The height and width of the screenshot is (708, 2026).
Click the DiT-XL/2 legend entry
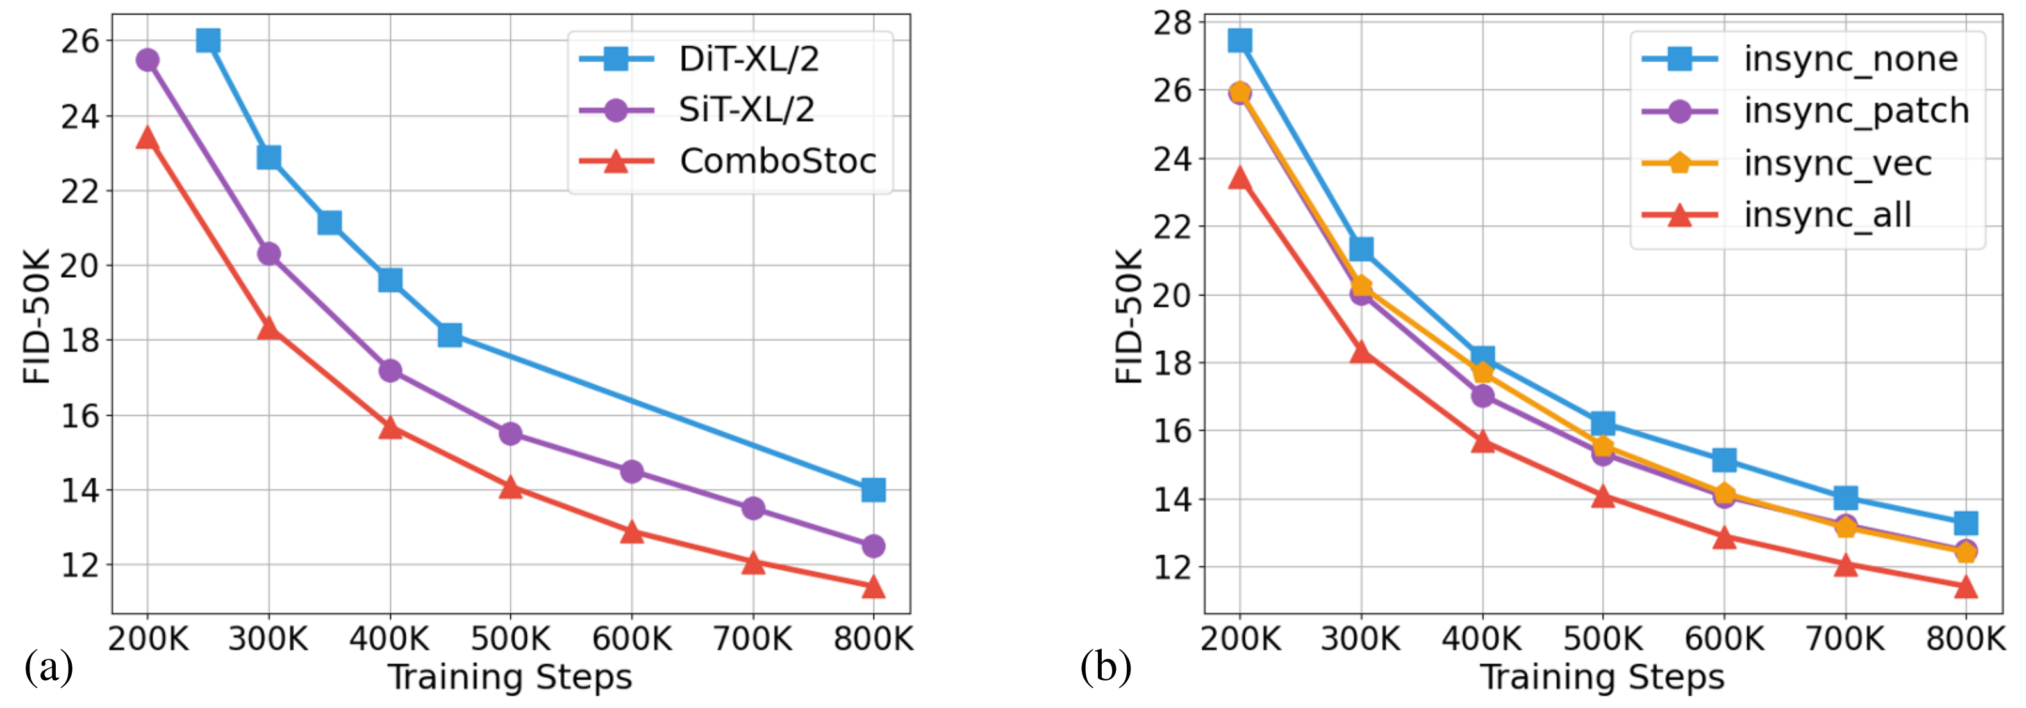click(747, 60)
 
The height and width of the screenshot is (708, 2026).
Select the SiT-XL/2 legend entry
click(745, 110)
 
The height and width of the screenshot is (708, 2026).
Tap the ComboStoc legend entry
click(777, 161)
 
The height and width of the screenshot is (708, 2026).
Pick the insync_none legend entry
click(1850, 60)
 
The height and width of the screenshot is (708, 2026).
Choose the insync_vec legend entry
click(1837, 164)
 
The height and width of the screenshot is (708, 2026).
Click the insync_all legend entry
click(1826, 215)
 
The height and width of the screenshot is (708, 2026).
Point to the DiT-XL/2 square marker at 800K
click(873, 490)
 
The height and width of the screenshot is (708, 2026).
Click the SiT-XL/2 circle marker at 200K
click(147, 60)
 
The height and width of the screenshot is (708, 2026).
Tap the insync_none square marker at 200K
click(1240, 41)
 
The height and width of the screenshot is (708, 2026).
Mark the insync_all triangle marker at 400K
click(1482, 441)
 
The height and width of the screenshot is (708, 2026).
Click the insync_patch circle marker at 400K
click(1482, 396)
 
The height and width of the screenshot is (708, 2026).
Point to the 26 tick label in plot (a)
click(80, 41)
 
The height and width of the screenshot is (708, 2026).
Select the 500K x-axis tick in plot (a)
click(510, 639)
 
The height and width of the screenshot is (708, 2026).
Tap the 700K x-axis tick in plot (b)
click(1845, 639)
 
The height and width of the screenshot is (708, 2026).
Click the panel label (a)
click(49, 667)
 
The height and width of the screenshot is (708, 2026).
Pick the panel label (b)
click(1106, 667)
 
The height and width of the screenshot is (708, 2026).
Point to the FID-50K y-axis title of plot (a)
click(37, 316)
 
